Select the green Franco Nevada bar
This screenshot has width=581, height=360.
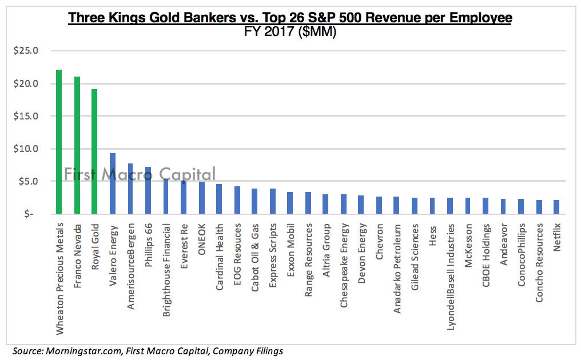(x=77, y=145)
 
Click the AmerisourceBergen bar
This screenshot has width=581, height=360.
(x=130, y=189)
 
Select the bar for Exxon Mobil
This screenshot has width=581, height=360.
(x=290, y=203)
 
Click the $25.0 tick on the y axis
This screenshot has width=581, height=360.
(x=26, y=51)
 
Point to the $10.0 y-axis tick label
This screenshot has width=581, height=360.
(x=26, y=149)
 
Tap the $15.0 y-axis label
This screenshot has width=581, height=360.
(x=26, y=116)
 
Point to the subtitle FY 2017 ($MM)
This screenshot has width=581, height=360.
(x=290, y=32)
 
